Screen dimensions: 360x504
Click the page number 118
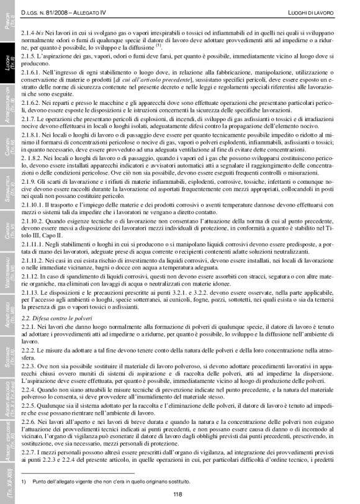[178, 494]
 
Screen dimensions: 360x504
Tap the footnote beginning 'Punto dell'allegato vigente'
[112, 480]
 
